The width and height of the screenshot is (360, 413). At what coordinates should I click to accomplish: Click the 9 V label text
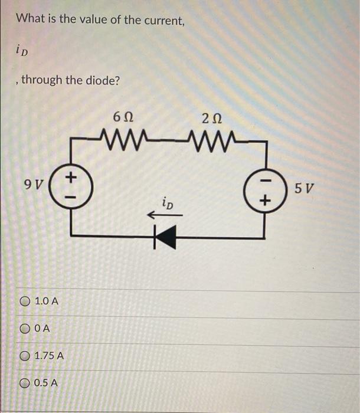(35, 184)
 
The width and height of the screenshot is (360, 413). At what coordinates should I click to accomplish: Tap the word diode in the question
(103, 80)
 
